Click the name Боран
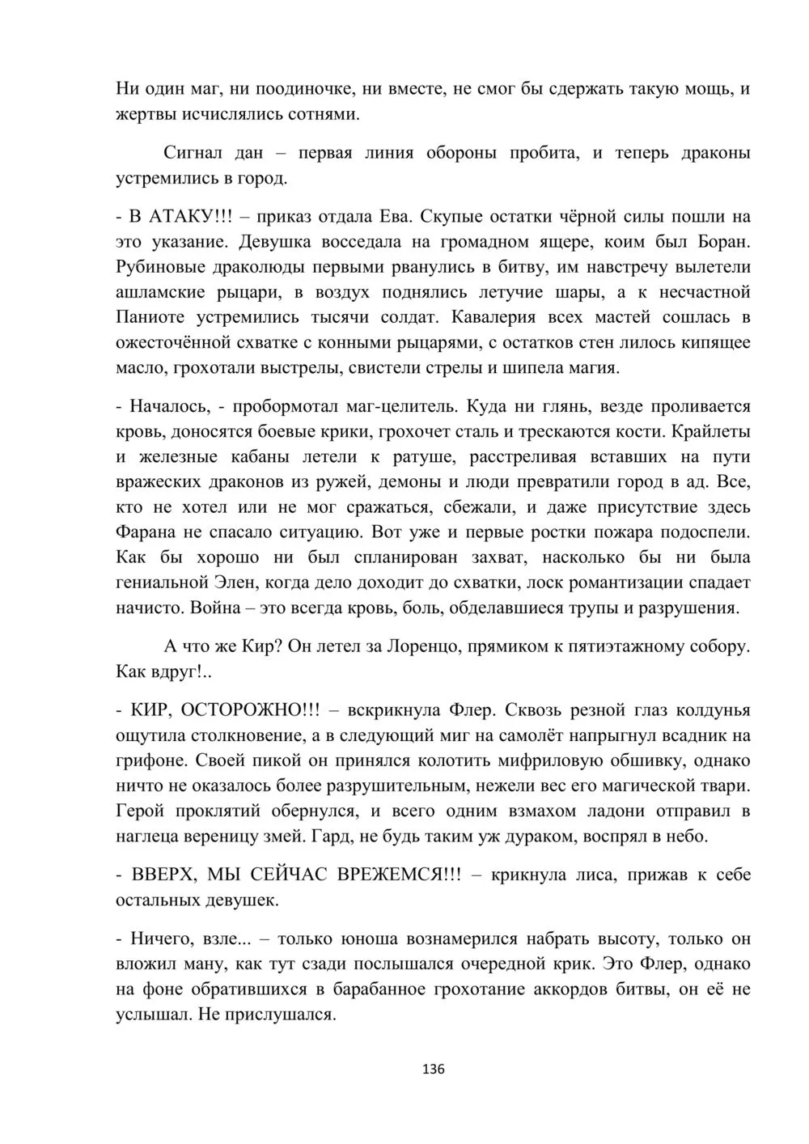(x=722, y=242)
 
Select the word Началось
(x=167, y=407)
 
